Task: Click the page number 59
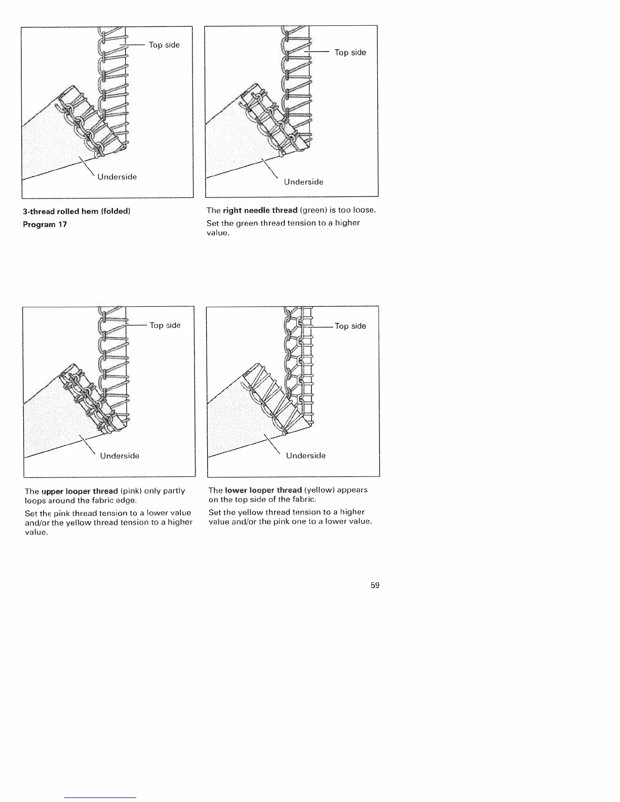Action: (375, 585)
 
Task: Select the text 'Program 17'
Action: (45, 224)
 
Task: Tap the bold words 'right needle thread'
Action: (260, 210)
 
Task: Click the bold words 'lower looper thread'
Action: (263, 490)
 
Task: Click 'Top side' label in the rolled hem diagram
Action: (164, 45)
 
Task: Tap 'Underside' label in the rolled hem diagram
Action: (117, 177)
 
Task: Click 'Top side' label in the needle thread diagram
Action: (350, 53)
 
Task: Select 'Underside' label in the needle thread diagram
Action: (303, 182)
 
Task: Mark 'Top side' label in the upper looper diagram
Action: (165, 326)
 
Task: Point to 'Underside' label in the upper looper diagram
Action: (120, 456)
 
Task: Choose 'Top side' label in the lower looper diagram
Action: (351, 326)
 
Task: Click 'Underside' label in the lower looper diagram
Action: (305, 456)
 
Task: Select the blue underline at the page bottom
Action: (101, 797)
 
